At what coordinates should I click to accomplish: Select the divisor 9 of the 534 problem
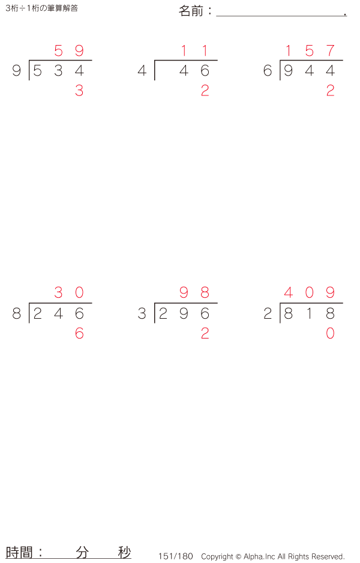click(x=16, y=71)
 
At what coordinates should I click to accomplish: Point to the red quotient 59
click(x=68, y=51)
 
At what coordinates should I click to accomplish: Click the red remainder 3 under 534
click(x=79, y=91)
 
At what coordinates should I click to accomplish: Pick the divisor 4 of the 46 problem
click(x=142, y=71)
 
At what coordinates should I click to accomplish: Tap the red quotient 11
click(x=194, y=51)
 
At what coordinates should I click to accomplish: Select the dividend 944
click(x=309, y=71)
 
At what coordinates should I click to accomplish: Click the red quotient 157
click(x=309, y=51)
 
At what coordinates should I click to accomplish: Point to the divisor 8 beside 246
click(x=16, y=314)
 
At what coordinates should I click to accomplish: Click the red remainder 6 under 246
click(x=79, y=334)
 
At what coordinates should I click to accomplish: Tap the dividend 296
click(x=184, y=314)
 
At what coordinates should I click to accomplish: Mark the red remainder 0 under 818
click(x=330, y=334)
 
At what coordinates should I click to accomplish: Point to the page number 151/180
click(x=176, y=556)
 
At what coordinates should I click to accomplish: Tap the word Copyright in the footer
click(x=217, y=556)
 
